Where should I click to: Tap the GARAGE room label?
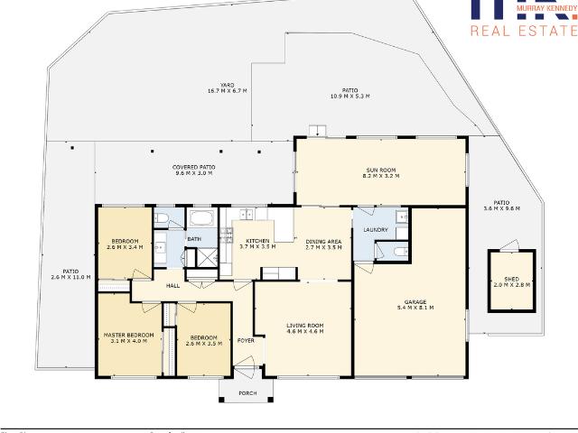[415, 302]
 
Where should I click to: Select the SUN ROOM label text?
[380, 170]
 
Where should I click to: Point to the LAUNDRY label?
[375, 229]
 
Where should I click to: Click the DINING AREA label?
[323, 240]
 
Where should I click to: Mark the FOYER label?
[245, 340]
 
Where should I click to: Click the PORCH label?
[247, 393]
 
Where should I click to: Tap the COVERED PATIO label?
[194, 167]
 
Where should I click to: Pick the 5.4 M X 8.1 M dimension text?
[415, 309]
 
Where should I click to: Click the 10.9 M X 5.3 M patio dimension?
[350, 96]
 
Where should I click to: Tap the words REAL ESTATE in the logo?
[524, 31]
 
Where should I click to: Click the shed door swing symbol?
[509, 244]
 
